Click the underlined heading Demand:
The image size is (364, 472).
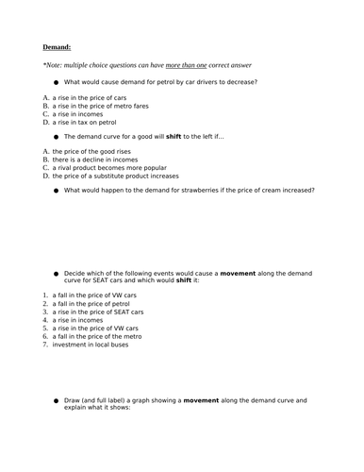(57, 46)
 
